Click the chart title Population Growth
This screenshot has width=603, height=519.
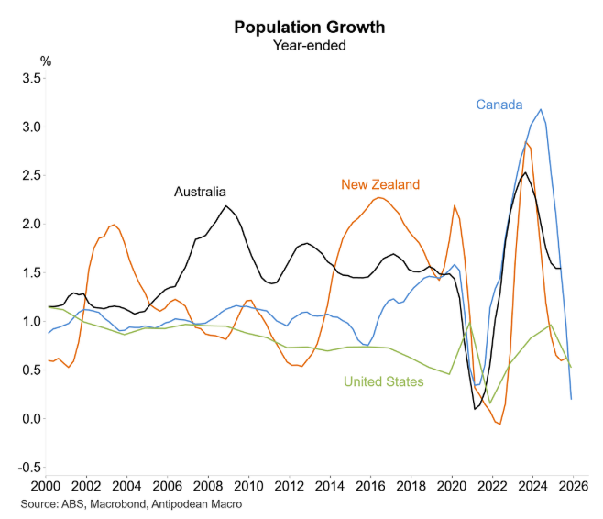coord(309,27)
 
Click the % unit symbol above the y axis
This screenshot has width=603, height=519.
coord(46,61)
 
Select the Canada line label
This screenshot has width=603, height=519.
coord(501,104)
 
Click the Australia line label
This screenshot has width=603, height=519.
coord(200,192)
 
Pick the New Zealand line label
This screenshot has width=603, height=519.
coord(380,184)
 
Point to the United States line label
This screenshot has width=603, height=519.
coord(383,381)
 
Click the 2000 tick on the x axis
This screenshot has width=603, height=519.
coord(46,485)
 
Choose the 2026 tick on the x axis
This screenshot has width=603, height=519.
coord(573,485)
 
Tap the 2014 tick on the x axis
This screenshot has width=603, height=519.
coord(330,485)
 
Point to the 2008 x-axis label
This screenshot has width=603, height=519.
coord(208,485)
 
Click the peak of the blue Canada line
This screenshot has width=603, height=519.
coord(541,109)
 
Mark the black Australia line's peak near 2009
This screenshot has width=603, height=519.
coord(225,205)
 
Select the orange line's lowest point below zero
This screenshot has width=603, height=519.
coord(499,424)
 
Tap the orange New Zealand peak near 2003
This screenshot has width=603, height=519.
coord(114,225)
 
